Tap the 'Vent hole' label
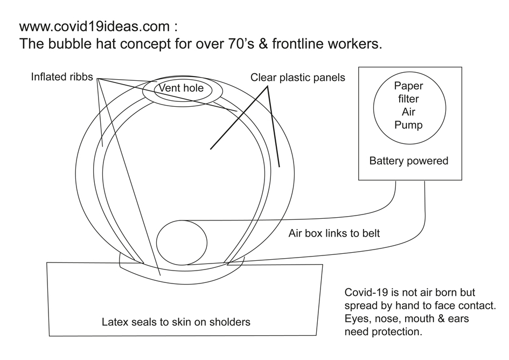181,88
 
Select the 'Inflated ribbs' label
62,77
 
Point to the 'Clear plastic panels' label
297,78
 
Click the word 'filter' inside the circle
408,99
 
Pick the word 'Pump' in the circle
408,125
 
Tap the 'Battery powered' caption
408,161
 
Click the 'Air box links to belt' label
334,233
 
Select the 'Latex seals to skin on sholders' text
176,322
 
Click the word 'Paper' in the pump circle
408,86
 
